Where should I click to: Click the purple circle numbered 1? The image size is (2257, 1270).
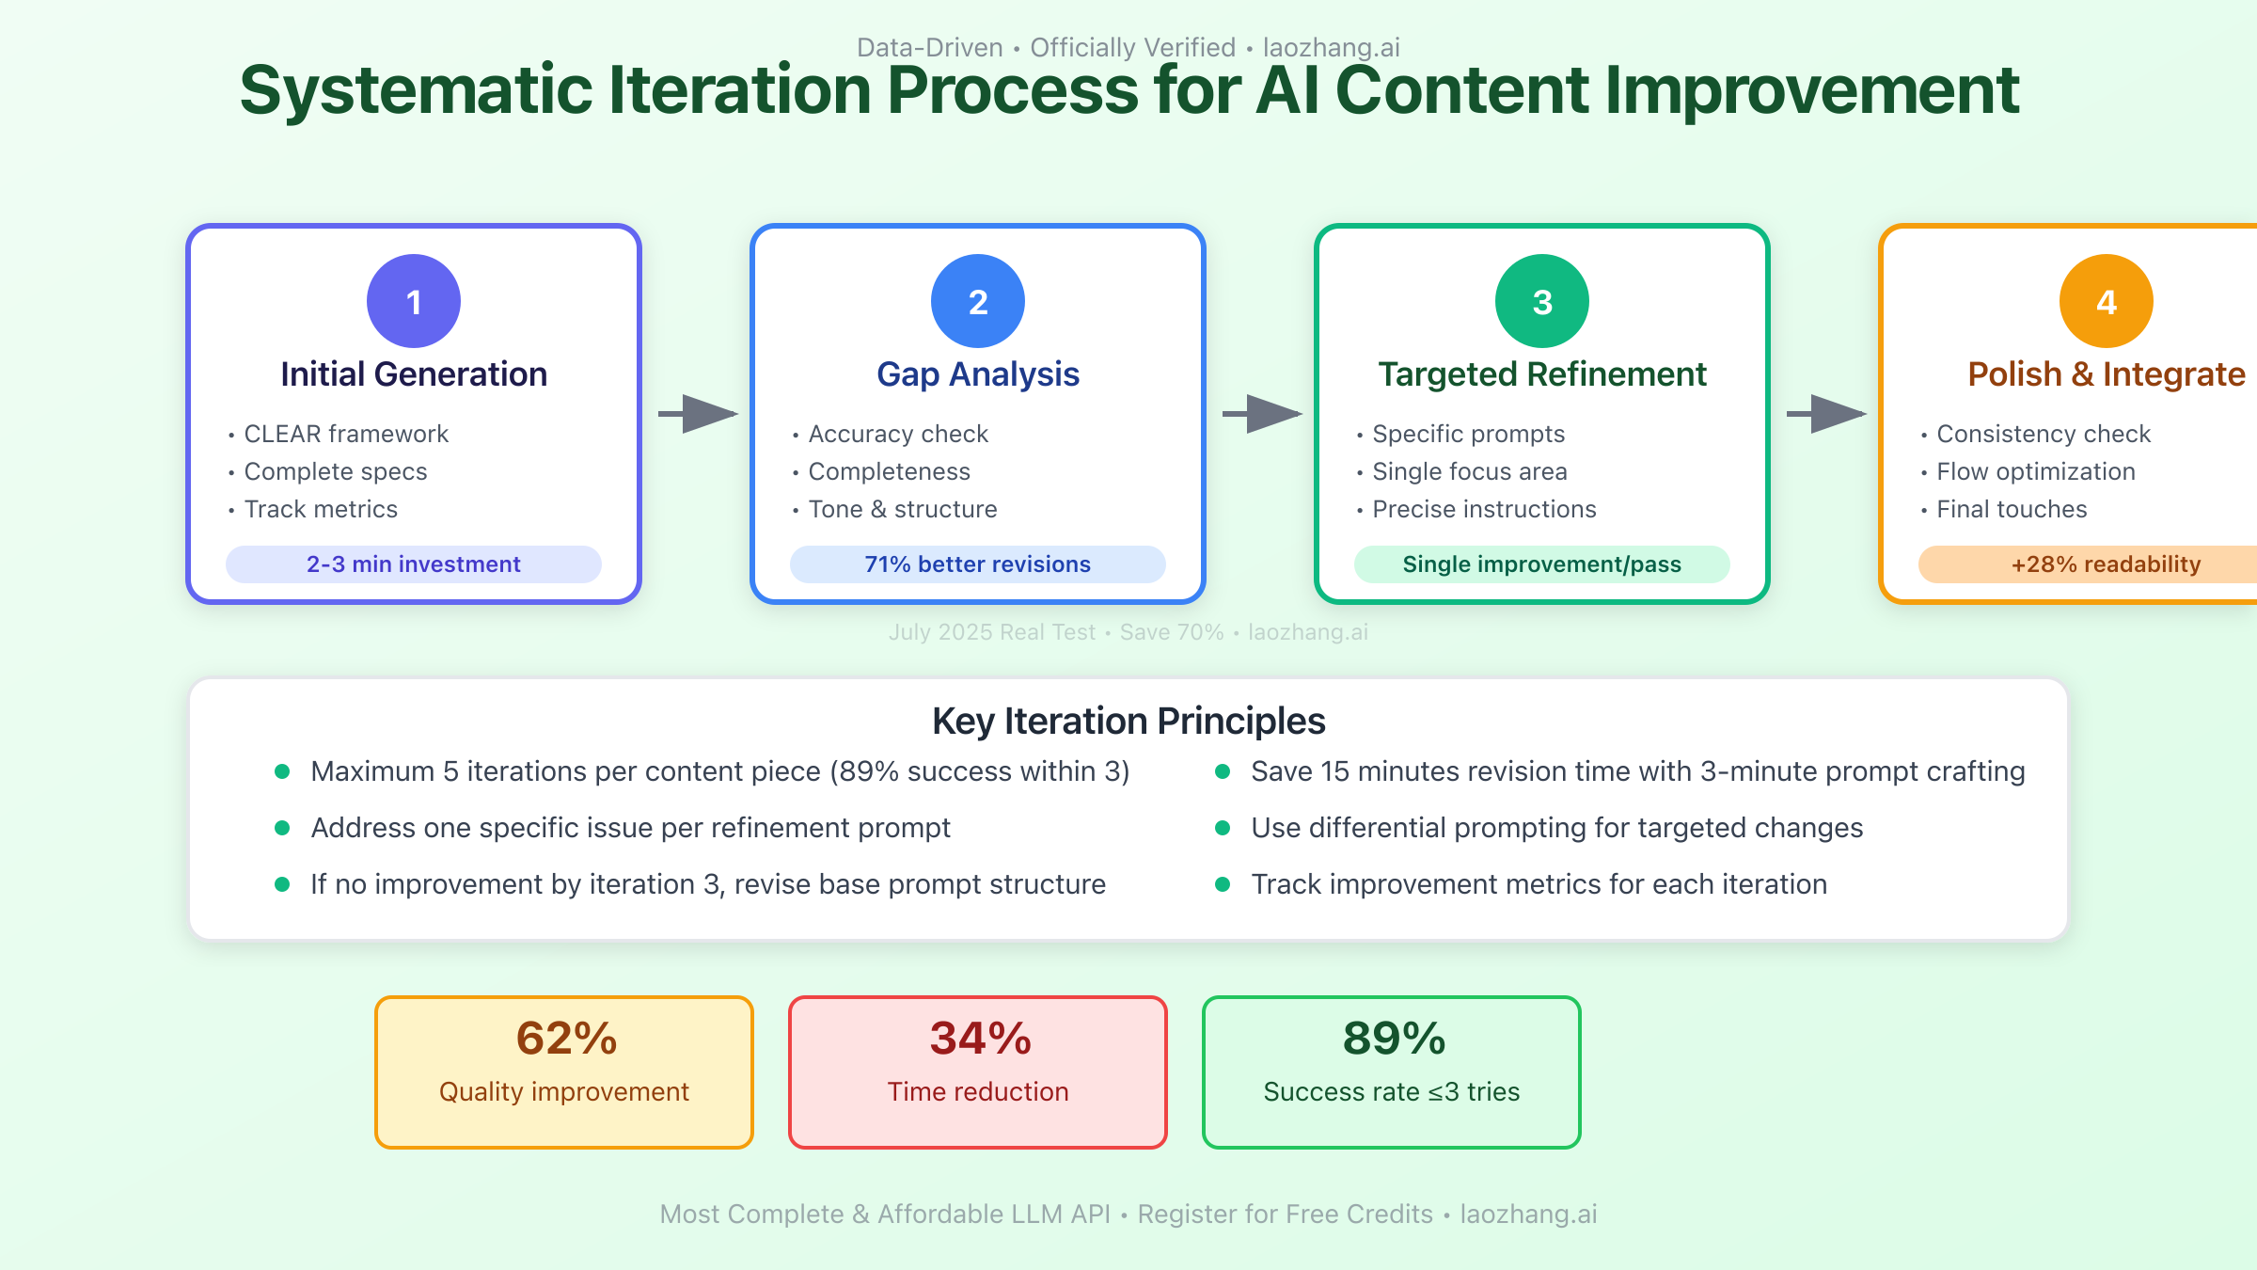click(x=414, y=301)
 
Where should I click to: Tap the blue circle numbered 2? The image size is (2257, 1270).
click(x=978, y=301)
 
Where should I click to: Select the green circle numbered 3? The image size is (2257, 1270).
click(x=1542, y=301)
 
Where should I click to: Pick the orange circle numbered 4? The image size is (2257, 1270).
click(x=2107, y=301)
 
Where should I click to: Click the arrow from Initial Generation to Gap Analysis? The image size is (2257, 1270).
click(x=699, y=414)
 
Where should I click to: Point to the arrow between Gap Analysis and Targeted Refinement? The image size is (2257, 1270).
click(x=1263, y=414)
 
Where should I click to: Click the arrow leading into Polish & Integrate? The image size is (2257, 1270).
click(x=1827, y=414)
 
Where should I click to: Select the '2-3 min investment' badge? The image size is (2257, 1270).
click(x=414, y=564)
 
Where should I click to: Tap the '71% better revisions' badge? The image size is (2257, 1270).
click(x=978, y=564)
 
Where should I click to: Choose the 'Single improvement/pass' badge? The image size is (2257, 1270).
click(x=1542, y=564)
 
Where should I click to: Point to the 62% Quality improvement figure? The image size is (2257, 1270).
click(x=567, y=1039)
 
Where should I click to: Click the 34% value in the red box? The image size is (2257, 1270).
click(x=981, y=1039)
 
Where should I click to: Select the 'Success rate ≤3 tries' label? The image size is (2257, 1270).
click(x=1392, y=1091)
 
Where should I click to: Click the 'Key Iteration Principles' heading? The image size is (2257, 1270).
click(x=1128, y=721)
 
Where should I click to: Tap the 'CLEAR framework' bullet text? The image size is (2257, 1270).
click(x=346, y=434)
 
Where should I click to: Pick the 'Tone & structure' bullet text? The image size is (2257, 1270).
click(x=903, y=509)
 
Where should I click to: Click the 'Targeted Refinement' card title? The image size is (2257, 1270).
click(x=1542, y=373)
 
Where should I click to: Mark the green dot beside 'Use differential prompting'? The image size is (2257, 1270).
click(x=1223, y=828)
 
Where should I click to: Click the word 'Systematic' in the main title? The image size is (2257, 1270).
click(x=416, y=90)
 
